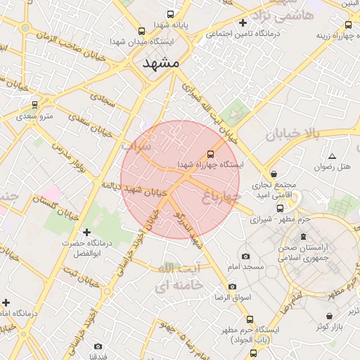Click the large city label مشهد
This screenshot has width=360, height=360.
(162, 63)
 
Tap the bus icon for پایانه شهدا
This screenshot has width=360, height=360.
(169, 14)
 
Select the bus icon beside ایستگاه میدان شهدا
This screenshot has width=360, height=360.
(143, 31)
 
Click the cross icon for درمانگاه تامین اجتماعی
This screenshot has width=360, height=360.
(243, 22)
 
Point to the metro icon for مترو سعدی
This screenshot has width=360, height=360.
(34, 105)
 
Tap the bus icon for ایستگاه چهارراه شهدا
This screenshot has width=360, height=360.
(209, 154)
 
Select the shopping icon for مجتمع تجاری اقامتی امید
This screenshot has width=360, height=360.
(274, 174)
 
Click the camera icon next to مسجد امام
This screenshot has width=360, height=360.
(245, 257)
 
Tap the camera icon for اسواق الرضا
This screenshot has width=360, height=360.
(233, 286)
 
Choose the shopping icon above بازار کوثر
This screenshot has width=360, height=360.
(330, 316)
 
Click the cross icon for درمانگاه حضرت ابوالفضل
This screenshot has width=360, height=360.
(87, 232)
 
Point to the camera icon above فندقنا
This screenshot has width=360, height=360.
(98, 346)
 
